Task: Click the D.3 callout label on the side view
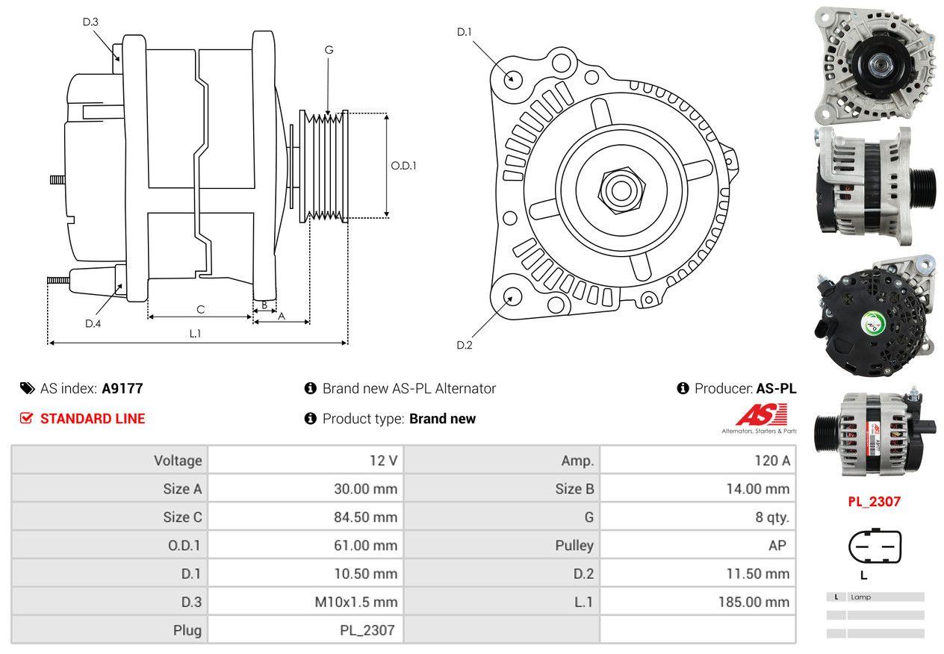[x=90, y=22]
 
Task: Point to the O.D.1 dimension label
[x=404, y=166]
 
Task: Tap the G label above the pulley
[x=329, y=50]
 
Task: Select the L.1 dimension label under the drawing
[x=195, y=334]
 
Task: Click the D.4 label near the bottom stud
[x=93, y=323]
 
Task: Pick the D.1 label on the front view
[x=465, y=31]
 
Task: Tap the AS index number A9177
[x=122, y=388]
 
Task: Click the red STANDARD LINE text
[x=93, y=419]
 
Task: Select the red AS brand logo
[x=761, y=416]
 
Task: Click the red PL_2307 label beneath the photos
[x=874, y=502]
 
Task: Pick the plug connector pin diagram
[x=875, y=547]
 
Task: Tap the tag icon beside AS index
[x=27, y=388]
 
